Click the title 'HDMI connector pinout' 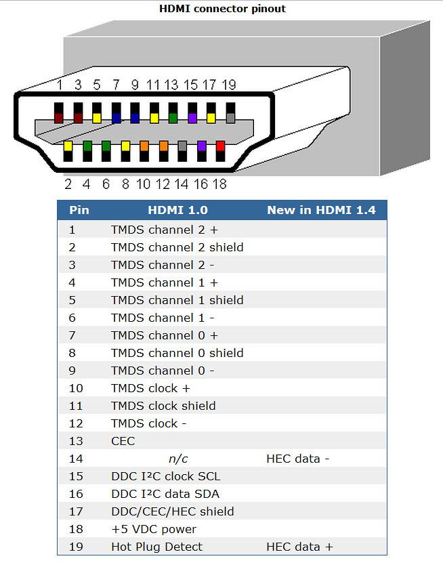(222, 9)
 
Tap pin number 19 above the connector (229, 85)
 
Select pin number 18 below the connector (219, 184)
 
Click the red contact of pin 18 (220, 146)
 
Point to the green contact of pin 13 (173, 118)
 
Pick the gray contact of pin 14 (182, 146)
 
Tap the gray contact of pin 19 (230, 118)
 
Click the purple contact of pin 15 (192, 118)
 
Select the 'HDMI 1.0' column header (177, 210)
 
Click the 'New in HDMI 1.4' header (322, 210)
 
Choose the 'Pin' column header (79, 210)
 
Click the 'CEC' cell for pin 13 (123, 441)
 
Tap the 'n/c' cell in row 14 (178, 459)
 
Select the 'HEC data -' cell (298, 459)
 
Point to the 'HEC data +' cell (299, 547)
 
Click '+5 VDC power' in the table (154, 530)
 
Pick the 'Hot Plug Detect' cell (156, 547)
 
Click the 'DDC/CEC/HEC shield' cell (173, 511)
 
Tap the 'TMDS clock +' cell (150, 388)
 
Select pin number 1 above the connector (60, 85)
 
